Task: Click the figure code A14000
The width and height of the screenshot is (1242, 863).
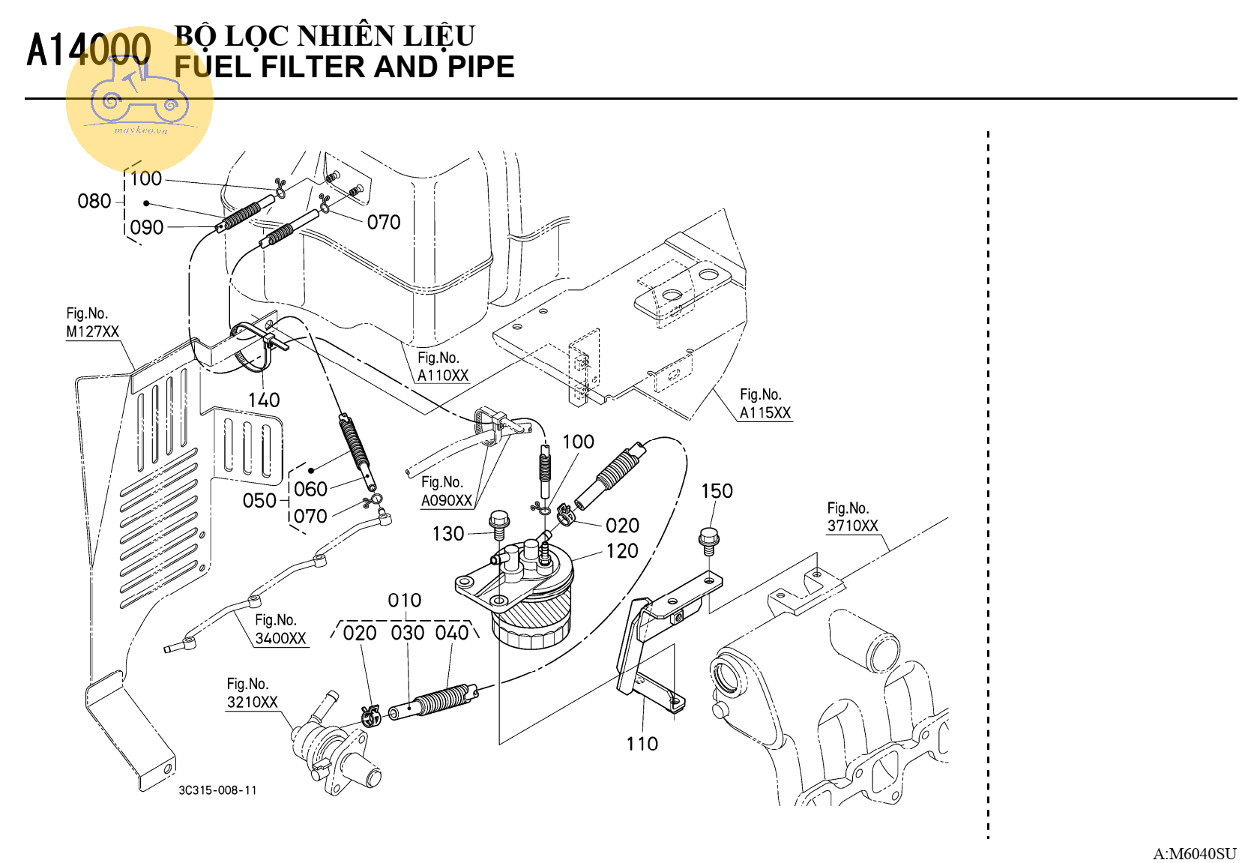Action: (88, 50)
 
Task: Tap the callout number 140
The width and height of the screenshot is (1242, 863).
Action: (264, 400)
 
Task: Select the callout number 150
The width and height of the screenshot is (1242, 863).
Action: (717, 491)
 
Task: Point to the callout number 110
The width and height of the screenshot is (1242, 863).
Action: (642, 744)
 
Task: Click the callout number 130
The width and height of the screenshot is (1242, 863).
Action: (448, 534)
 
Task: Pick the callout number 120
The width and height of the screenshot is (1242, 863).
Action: (622, 551)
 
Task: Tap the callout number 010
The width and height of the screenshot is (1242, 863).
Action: (404, 601)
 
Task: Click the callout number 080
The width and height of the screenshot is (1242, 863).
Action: (94, 201)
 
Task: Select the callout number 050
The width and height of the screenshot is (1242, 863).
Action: (259, 501)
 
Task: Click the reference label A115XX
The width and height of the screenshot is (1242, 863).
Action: (765, 413)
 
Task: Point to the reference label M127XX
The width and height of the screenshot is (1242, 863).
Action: (92, 331)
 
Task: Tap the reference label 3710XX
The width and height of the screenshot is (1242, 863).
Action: (852, 526)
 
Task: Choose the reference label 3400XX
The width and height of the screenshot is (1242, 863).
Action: (280, 639)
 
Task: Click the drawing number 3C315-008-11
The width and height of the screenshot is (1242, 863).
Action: (217, 790)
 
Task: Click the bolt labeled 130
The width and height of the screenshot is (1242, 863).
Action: (499, 524)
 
